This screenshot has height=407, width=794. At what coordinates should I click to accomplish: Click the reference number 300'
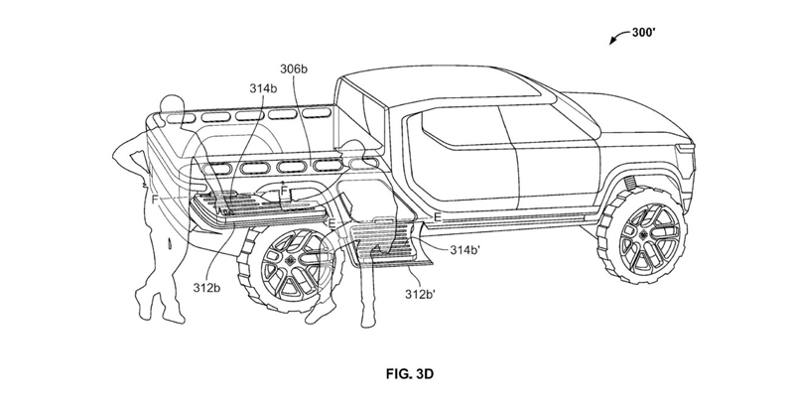pyautogui.click(x=644, y=33)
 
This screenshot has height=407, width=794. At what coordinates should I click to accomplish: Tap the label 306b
pyautogui.click(x=294, y=68)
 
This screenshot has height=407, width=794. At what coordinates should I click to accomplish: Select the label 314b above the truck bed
pyautogui.click(x=263, y=88)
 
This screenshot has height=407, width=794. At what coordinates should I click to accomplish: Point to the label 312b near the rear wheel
pyautogui.click(x=206, y=288)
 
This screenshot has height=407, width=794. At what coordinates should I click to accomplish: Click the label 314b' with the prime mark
pyautogui.click(x=464, y=249)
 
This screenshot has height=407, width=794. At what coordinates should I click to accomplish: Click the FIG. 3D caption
pyautogui.click(x=410, y=374)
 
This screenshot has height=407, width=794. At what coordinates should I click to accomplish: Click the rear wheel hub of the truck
pyautogui.click(x=291, y=260)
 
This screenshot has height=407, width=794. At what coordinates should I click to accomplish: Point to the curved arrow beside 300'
pyautogui.click(x=619, y=38)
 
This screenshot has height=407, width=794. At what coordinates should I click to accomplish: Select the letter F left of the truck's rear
pyautogui.click(x=155, y=200)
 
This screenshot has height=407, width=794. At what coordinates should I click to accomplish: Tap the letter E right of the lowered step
pyautogui.click(x=438, y=217)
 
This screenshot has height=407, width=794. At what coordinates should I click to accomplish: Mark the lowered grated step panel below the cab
pyautogui.click(x=389, y=240)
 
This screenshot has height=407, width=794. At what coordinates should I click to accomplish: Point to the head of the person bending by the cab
pyautogui.click(x=353, y=151)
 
